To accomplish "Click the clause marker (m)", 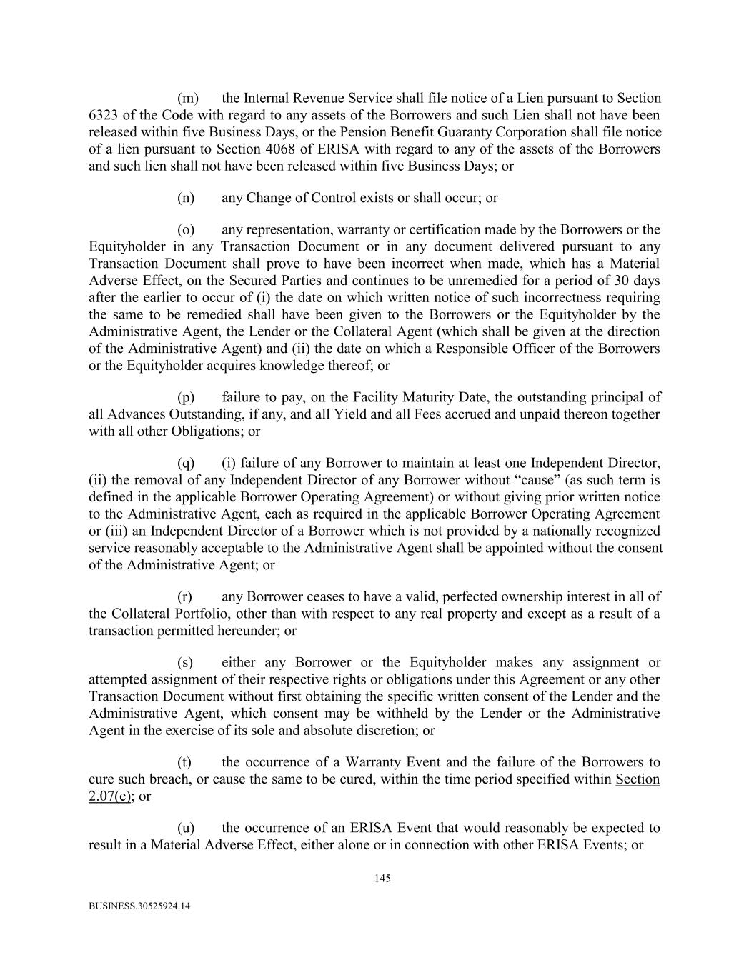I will coord(187,98).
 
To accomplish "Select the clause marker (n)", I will coord(186,198).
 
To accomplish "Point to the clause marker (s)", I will coord(185,662).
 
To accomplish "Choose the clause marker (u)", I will coord(186,828).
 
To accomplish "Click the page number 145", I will coord(382,879).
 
